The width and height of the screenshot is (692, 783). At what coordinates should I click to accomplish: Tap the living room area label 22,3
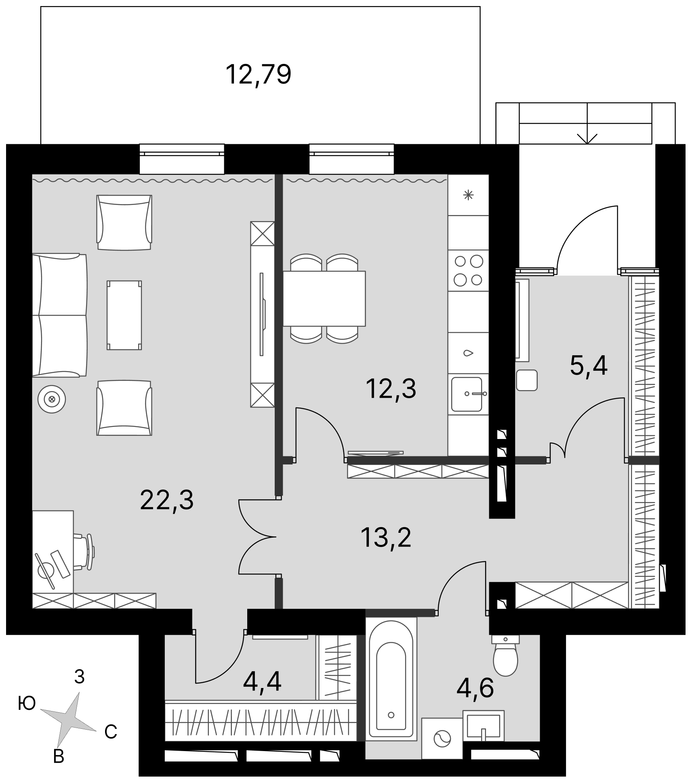click(167, 500)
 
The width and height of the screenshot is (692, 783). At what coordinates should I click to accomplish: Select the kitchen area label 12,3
click(391, 389)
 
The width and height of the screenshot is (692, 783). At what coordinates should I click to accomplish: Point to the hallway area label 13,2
click(386, 538)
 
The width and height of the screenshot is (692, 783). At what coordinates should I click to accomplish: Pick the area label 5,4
click(589, 366)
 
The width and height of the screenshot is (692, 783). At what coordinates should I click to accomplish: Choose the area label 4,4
click(262, 681)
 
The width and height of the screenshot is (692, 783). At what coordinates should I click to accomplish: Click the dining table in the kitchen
click(324, 298)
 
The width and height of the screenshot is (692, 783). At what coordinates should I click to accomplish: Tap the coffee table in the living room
click(124, 315)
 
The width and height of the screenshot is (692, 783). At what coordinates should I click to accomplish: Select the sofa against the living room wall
click(60, 315)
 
